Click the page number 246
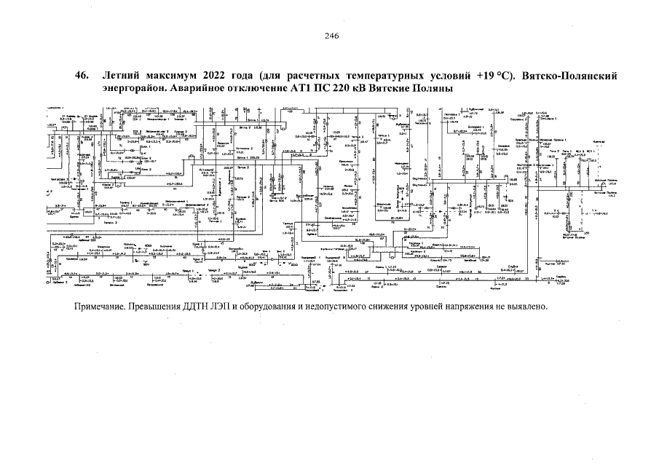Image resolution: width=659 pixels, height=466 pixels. (x=329, y=35)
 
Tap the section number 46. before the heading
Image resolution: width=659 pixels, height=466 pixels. (x=82, y=76)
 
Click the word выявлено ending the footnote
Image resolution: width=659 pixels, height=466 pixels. (x=526, y=306)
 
